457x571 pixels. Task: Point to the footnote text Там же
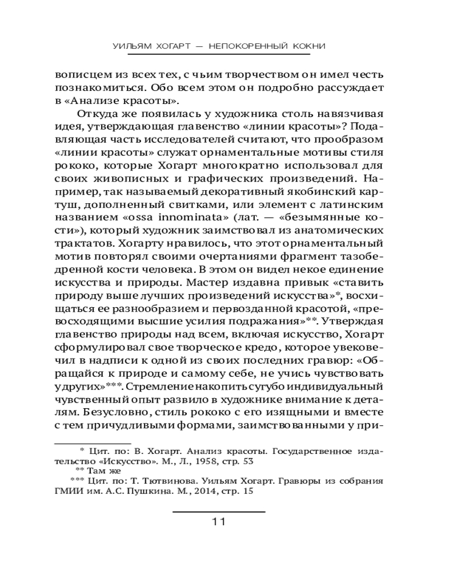(109, 471)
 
